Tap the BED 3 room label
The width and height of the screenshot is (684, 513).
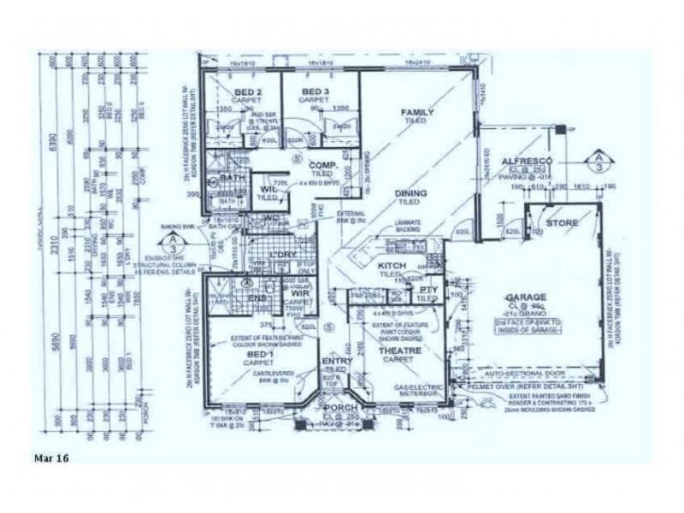point(314,91)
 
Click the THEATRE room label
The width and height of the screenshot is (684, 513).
point(396,351)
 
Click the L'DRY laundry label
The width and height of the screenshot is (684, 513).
point(281,256)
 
